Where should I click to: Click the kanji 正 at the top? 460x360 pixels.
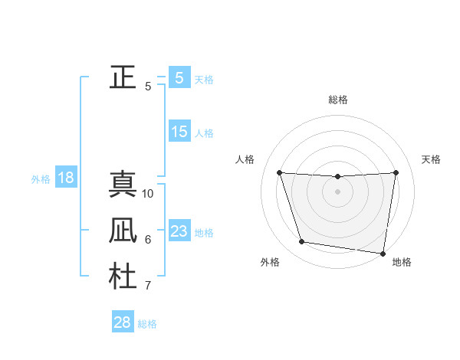tap(123, 77)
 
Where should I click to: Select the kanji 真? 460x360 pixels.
tap(123, 184)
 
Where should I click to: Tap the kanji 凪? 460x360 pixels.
tap(123, 231)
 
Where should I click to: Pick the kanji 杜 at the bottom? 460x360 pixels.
tap(123, 277)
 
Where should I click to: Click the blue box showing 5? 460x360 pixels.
tap(179, 77)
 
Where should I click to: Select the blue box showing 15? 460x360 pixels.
tap(179, 132)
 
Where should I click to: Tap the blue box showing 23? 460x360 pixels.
tap(179, 231)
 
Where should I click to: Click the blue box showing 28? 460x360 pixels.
tap(123, 322)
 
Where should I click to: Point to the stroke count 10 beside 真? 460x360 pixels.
tap(148, 194)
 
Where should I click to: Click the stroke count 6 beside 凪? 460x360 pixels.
tap(148, 240)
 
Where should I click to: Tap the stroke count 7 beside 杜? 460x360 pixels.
tap(148, 286)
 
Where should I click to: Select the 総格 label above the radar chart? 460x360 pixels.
tap(337, 100)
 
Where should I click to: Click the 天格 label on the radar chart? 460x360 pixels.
tap(431, 159)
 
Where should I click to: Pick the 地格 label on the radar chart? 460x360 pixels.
tap(402, 262)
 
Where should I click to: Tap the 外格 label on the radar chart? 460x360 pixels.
tap(270, 262)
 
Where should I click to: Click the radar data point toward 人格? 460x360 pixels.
tap(280, 173)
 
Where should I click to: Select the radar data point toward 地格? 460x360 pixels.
tap(383, 253)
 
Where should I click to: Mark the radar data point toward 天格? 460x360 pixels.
tap(396, 172)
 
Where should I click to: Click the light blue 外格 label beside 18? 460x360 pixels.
tap(41, 179)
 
